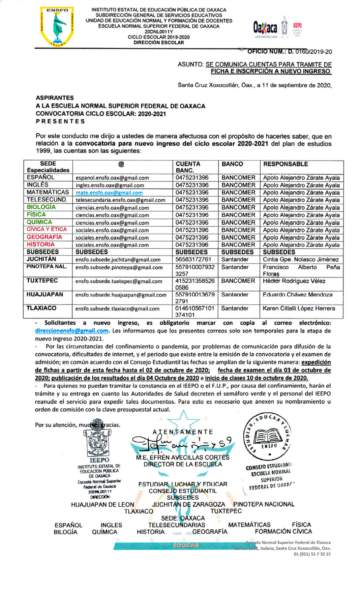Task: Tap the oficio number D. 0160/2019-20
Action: [290, 52]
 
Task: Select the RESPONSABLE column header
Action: [286, 164]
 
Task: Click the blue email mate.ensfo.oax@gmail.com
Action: [109, 193]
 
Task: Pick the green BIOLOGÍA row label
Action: [41, 207]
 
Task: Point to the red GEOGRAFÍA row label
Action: [44, 237]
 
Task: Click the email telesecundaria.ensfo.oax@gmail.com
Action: [120, 200]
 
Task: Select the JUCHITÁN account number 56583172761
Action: [193, 260]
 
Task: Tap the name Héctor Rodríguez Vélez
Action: [294, 281]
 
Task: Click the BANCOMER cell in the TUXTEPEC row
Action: [238, 281]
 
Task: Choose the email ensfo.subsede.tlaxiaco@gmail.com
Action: [117, 309]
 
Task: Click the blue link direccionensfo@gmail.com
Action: [71, 331]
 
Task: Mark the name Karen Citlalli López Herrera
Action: [299, 308]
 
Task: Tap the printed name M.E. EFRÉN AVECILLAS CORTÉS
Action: [182, 457]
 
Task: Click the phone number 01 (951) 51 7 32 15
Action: [312, 554]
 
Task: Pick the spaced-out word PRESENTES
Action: [60, 121]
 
